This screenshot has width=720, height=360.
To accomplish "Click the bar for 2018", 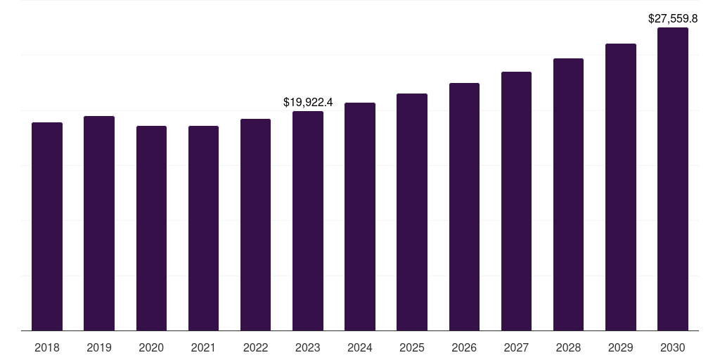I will click(x=47, y=226).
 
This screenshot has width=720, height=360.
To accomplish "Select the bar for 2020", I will click(x=151, y=228).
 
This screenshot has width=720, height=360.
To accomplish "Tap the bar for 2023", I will click(x=308, y=221).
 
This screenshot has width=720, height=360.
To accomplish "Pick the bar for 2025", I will click(x=412, y=212).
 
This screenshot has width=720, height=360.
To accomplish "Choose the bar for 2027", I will click(x=516, y=201).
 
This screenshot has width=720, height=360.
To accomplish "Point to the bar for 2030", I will click(x=673, y=179).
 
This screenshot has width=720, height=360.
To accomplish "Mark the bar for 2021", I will click(x=203, y=228).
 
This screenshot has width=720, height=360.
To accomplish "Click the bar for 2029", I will click(x=621, y=187).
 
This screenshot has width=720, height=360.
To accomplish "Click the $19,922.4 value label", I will click(x=308, y=103).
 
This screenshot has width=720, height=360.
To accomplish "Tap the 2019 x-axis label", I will click(x=99, y=347).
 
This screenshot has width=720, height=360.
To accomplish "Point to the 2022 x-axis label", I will click(x=256, y=347).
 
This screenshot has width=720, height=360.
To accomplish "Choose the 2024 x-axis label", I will click(x=360, y=347).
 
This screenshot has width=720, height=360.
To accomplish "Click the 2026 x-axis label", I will click(x=464, y=347).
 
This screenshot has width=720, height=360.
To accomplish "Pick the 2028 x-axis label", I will click(x=568, y=347).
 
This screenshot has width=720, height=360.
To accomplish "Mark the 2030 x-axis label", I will click(x=673, y=347).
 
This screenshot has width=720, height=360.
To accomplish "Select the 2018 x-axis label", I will click(x=47, y=347).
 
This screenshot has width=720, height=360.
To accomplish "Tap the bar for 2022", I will click(x=256, y=225).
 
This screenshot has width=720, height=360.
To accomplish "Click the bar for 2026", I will click(x=464, y=207).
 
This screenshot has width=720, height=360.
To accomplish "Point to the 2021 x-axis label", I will click(x=203, y=347).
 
